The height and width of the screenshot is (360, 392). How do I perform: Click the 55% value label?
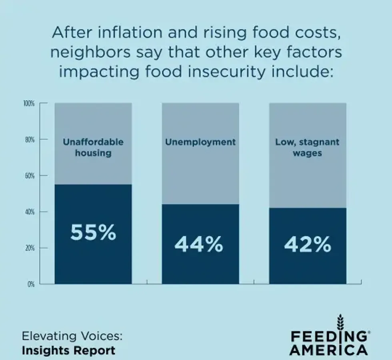pyautogui.click(x=93, y=232)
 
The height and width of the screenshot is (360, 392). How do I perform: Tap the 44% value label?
pyautogui.click(x=199, y=244)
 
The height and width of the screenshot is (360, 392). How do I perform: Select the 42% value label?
pyautogui.click(x=308, y=244)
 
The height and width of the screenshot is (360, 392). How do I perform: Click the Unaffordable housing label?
pyautogui.click(x=93, y=147)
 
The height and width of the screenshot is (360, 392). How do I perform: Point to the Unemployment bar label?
pyautogui.click(x=200, y=142)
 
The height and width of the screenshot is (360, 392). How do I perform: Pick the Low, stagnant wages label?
pyautogui.click(x=307, y=147)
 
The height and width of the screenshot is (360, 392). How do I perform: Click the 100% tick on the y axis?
pyautogui.click(x=29, y=104)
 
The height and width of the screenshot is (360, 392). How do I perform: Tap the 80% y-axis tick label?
pyautogui.click(x=30, y=140)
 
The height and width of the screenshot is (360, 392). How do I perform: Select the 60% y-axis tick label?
pyautogui.click(x=30, y=176)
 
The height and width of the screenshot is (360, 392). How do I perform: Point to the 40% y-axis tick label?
pyautogui.click(x=30, y=212)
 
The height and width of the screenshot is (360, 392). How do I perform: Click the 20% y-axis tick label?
pyautogui.click(x=30, y=248)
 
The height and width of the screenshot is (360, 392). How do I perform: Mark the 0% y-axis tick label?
pyautogui.click(x=31, y=284)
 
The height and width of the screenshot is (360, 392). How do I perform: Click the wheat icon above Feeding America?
pyautogui.click(x=340, y=322)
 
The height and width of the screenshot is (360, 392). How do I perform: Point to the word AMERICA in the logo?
pyautogui.click(x=328, y=350)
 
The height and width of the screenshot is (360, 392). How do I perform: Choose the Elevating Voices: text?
pyautogui.click(x=72, y=336)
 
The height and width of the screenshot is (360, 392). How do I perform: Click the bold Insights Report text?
pyautogui.click(x=68, y=350)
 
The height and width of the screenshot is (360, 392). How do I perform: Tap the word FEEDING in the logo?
pyautogui.click(x=328, y=336)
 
